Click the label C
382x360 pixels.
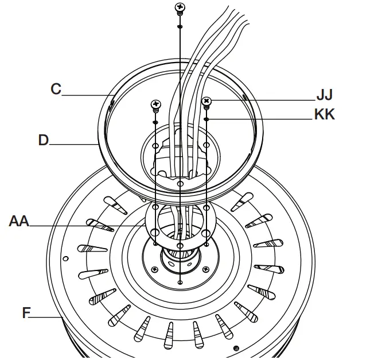point(56,89)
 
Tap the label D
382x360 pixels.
point(44,140)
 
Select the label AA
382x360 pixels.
point(19,220)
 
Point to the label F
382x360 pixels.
point(26,313)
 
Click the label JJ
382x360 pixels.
point(324,95)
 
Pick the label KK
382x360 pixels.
point(324,115)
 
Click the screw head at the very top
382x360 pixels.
point(180,7)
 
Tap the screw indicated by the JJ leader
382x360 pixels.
point(206,102)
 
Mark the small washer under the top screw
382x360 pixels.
point(180,26)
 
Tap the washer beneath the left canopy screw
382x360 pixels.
point(155,122)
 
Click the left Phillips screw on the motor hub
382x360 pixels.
point(155,268)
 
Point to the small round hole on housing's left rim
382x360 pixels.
point(67,257)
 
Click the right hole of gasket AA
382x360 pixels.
point(206,232)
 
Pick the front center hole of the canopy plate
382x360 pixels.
point(180,184)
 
